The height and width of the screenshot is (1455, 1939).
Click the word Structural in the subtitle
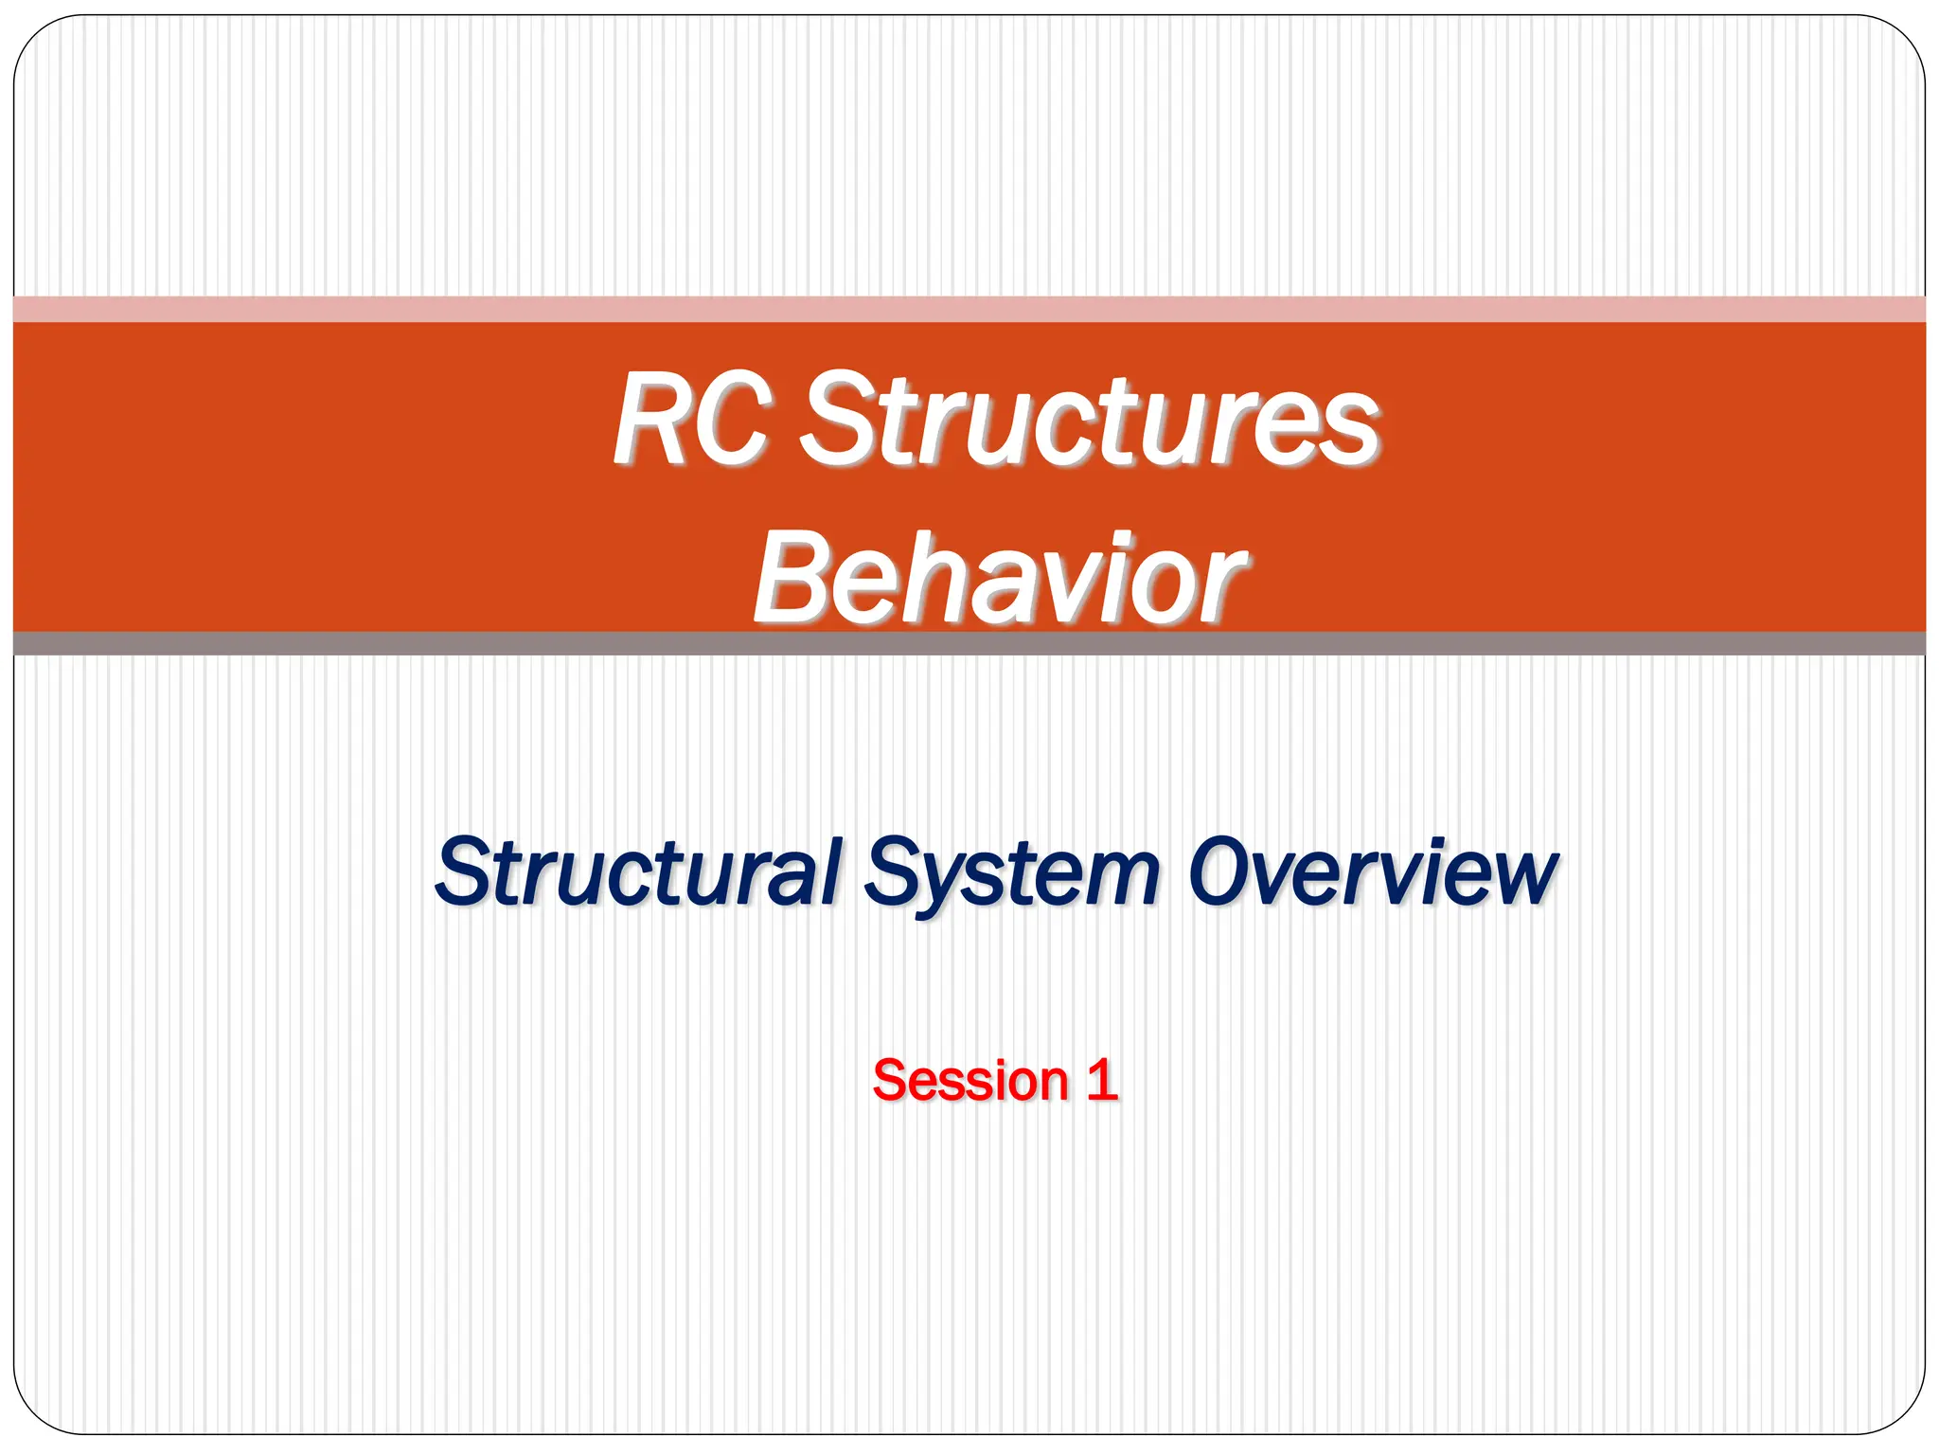tap(637, 871)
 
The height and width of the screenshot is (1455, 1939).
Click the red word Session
tap(970, 1081)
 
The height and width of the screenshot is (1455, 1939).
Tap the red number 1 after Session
tap(1101, 1081)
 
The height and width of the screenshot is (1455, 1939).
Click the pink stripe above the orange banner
tap(969, 309)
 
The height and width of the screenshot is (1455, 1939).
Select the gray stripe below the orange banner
tap(969, 643)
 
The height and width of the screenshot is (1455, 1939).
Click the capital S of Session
tap(891, 1081)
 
